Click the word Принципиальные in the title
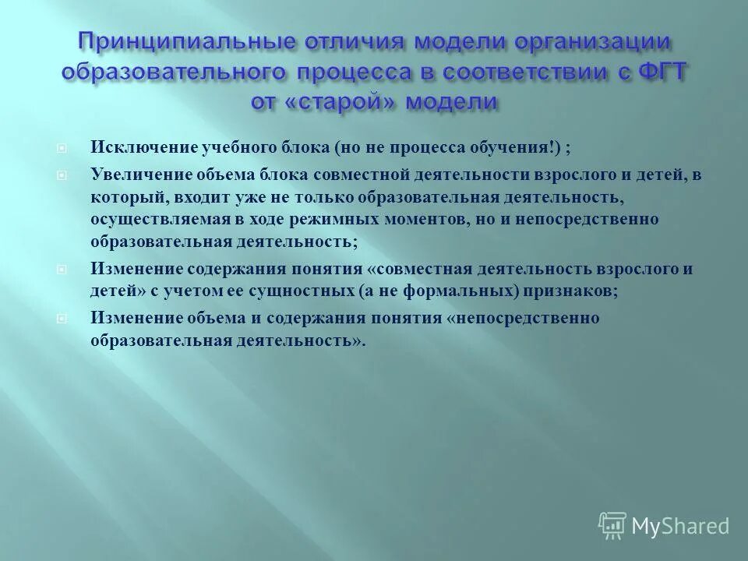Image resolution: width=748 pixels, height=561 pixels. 164,40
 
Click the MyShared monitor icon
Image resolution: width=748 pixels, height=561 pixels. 612,525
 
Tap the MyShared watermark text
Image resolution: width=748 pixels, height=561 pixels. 680,526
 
